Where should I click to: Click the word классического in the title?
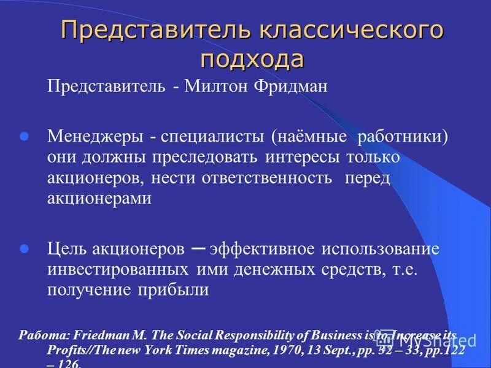tap(349, 31)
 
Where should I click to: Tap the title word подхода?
tap(252, 59)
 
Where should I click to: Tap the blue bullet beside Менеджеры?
tap(25, 136)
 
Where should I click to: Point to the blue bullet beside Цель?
tap(25, 249)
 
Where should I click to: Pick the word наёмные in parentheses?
tap(314, 136)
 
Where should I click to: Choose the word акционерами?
tap(99, 198)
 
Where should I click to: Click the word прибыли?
tap(177, 289)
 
